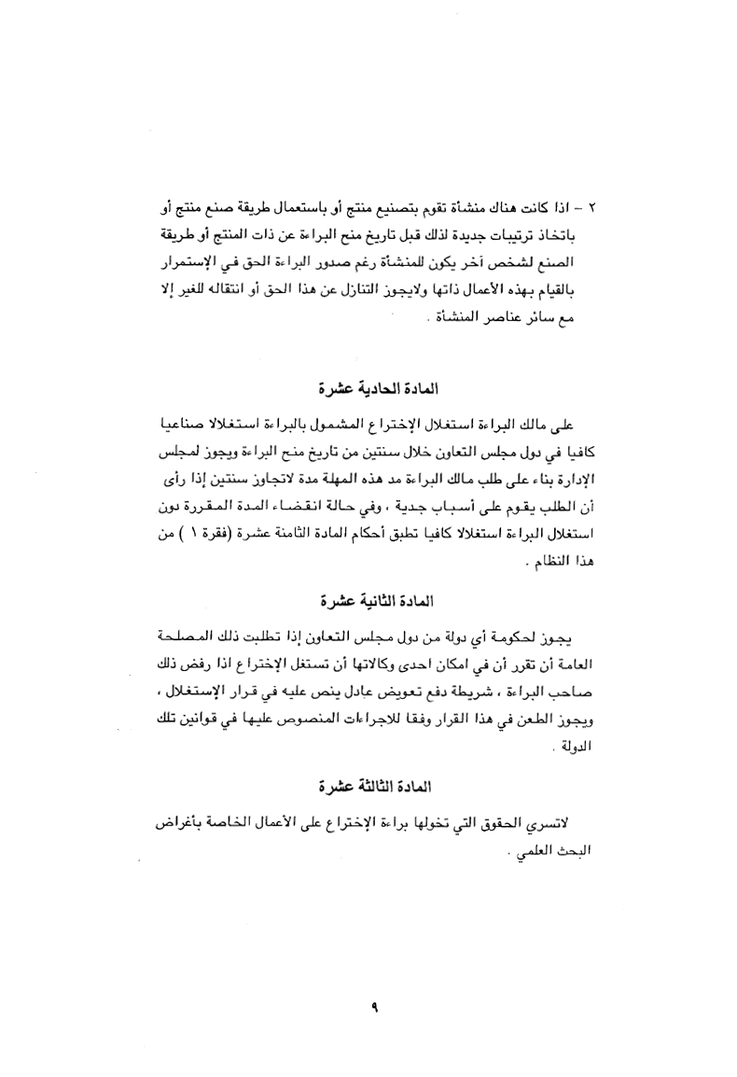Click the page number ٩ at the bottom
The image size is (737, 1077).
(371, 1006)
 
